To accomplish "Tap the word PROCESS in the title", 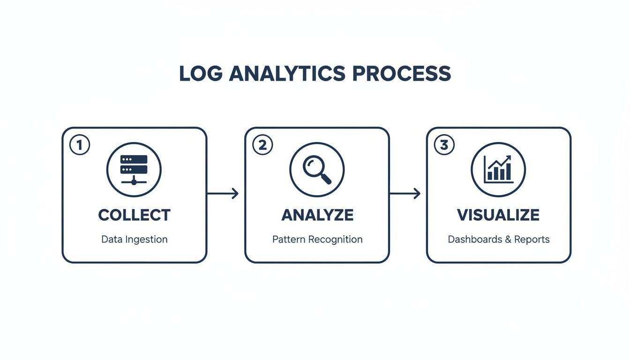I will point(401,74).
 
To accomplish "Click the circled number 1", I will point(79,145).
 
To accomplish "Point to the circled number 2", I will point(262,145).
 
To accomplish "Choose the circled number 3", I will point(444,145).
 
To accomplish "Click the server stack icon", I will point(134,169).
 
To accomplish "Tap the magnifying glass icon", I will point(316,169).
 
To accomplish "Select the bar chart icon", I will point(498,169).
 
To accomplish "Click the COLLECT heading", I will point(134,215).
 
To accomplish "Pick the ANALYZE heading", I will point(317,215).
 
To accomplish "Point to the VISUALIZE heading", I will point(498,215).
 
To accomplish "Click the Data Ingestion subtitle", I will point(134,240).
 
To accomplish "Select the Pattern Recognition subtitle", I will point(317,240).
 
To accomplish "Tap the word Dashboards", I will point(474,240).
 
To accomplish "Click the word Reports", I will point(532,240).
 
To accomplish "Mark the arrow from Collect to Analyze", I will point(223,193).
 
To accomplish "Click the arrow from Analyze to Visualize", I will point(405,193).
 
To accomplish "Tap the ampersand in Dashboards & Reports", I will point(507,240).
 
